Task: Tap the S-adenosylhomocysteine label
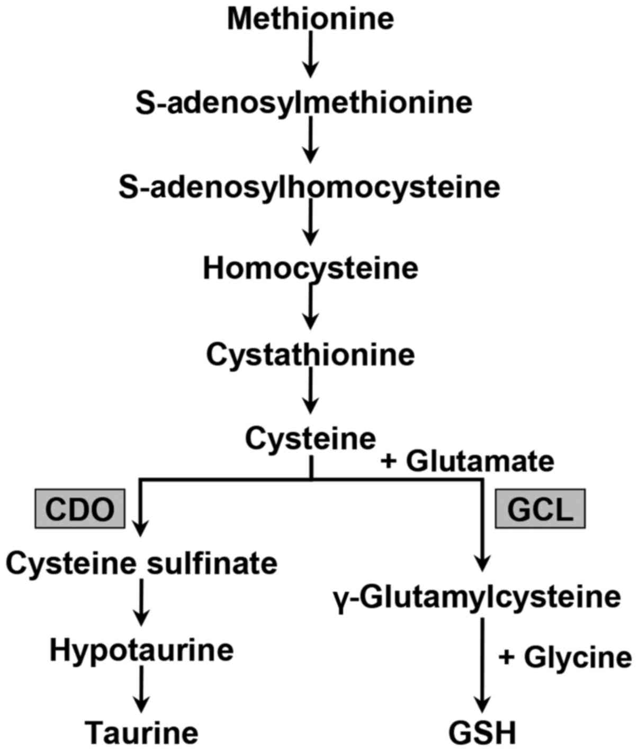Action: click(309, 187)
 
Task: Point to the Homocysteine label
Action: click(311, 268)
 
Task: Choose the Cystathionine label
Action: click(311, 354)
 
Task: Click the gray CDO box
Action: click(80, 509)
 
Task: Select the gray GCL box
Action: click(540, 509)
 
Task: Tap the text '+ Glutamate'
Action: click(468, 461)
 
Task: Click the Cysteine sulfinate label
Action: click(141, 563)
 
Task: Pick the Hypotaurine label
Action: click(141, 649)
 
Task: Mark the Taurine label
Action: click(142, 732)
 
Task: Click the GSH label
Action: click(482, 733)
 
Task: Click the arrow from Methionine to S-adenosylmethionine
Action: click(311, 55)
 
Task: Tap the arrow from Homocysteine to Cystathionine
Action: click(311, 307)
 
